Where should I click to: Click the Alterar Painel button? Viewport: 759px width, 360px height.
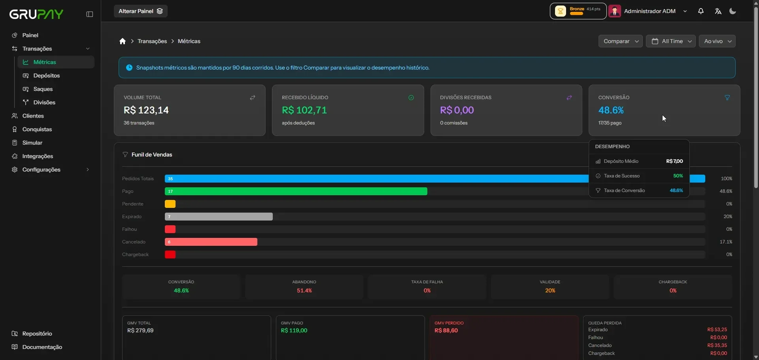(141, 11)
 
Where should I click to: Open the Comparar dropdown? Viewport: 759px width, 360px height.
(620, 41)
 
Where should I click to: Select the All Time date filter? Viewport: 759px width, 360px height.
(670, 41)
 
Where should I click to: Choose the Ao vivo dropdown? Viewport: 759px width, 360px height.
(717, 41)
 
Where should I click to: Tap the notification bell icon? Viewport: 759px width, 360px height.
(701, 11)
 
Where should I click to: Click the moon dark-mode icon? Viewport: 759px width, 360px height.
(733, 11)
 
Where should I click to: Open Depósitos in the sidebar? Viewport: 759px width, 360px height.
(47, 75)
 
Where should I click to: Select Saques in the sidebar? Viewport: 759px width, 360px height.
(43, 89)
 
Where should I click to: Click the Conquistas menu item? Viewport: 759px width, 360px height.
(37, 129)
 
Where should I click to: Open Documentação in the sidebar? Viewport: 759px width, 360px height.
(42, 347)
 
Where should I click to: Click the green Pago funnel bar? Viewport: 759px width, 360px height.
(296, 191)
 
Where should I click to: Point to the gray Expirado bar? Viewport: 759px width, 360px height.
(219, 217)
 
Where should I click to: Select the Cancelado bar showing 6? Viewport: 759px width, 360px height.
(211, 242)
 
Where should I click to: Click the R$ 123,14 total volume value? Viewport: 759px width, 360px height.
(146, 110)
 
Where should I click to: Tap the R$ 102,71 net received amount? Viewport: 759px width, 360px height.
(304, 110)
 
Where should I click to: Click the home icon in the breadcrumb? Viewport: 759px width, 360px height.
(123, 41)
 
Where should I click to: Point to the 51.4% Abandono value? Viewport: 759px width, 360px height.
(304, 290)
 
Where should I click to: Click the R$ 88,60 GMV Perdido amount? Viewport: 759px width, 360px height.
(446, 330)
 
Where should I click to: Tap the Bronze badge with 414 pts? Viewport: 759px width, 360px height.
(578, 11)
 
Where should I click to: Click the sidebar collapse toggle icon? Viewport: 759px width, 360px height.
(90, 14)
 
